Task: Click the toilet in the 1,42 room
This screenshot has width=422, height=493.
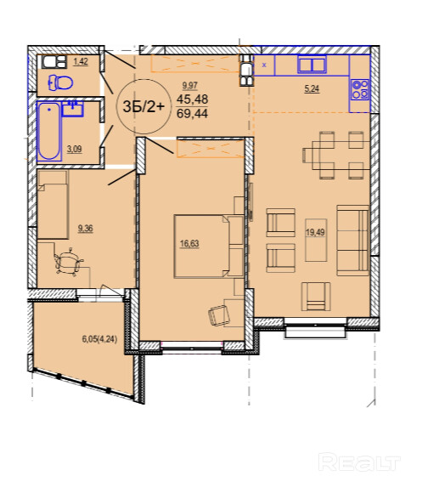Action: (60, 83)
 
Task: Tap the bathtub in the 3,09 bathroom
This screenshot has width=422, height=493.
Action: (49, 131)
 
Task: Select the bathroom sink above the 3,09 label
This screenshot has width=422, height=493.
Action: (72, 109)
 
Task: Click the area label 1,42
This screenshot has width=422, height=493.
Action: (81, 61)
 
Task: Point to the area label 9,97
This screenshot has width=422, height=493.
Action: (190, 85)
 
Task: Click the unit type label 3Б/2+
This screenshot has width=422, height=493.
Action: (143, 106)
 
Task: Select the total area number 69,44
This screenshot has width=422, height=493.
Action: (192, 113)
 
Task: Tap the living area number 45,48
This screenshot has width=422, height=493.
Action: (192, 99)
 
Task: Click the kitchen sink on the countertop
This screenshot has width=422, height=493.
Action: (312, 64)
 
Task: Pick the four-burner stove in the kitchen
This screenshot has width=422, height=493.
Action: (360, 89)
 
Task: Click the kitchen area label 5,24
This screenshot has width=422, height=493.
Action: (312, 89)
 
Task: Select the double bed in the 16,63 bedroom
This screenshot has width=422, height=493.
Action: (209, 246)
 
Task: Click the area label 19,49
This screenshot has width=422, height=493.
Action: (315, 232)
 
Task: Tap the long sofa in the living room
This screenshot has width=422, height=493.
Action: (352, 241)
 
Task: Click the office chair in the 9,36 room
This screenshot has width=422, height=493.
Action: (69, 262)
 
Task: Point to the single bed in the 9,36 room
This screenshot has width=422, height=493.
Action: (53, 205)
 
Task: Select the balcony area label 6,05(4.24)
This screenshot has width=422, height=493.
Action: (99, 339)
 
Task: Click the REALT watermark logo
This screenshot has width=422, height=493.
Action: (359, 462)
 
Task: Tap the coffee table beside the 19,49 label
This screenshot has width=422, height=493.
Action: (316, 240)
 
